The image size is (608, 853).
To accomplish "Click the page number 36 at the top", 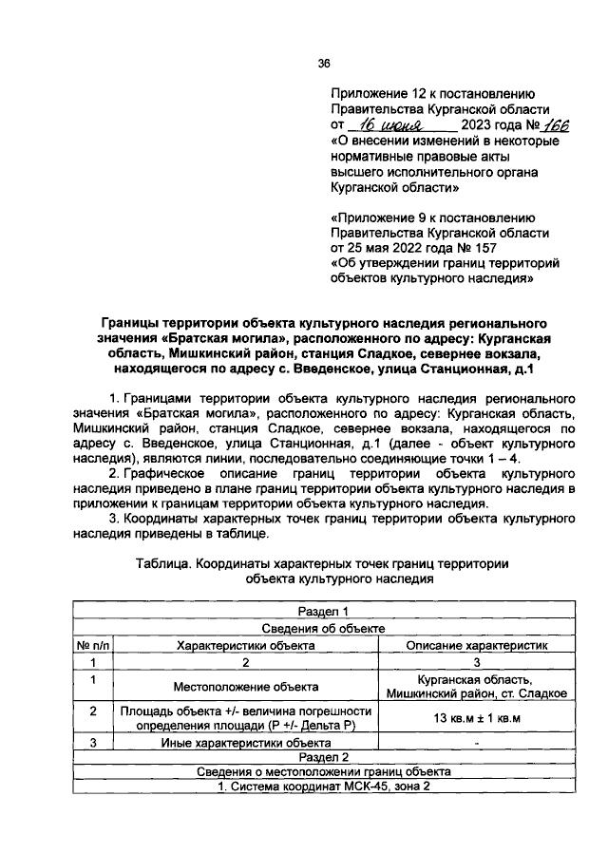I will click(x=323, y=64).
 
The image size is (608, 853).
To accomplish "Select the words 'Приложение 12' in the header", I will click(x=376, y=94).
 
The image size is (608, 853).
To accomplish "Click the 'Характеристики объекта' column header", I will click(x=245, y=645).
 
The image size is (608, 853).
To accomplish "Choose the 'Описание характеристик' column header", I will click(x=477, y=645).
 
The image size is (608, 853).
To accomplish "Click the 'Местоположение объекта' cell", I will click(x=245, y=686).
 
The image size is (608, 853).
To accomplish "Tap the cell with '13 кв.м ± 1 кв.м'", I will click(x=477, y=718).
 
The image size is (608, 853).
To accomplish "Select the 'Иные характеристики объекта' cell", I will click(x=245, y=743).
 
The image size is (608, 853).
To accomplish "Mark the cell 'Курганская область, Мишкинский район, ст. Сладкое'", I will click(x=477, y=686).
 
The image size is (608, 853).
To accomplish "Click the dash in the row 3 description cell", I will click(x=477, y=744).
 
